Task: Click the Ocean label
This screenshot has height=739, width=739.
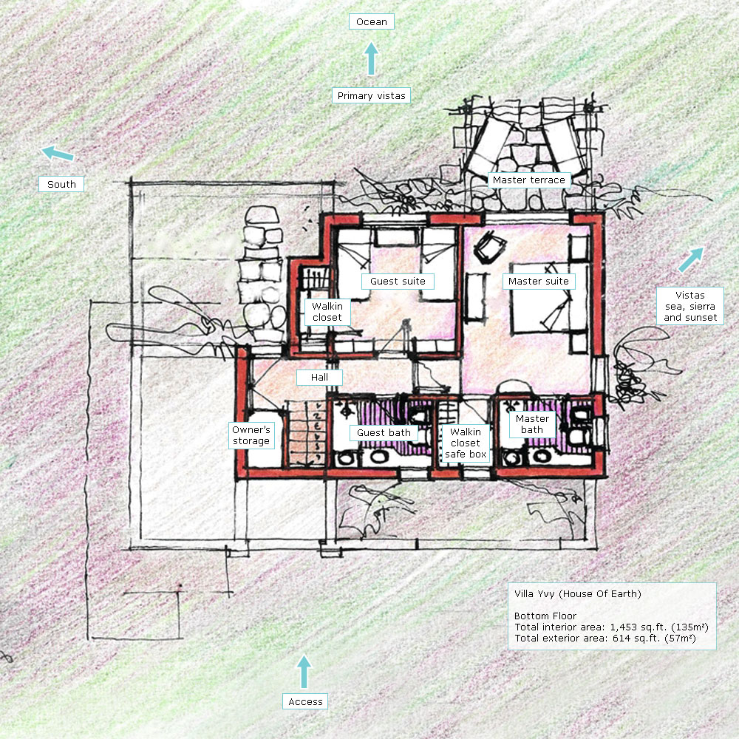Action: pyautogui.click(x=372, y=21)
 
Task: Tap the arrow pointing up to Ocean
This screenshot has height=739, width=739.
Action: pyautogui.click(x=372, y=58)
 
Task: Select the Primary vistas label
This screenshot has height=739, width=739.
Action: pyautogui.click(x=372, y=95)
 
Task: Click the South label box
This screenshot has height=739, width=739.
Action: pyautogui.click(x=61, y=184)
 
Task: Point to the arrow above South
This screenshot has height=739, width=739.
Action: pyautogui.click(x=58, y=154)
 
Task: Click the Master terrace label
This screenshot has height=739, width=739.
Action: pyautogui.click(x=529, y=180)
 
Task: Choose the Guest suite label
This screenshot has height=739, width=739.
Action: pyautogui.click(x=398, y=282)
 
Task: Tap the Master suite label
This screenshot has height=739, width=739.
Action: pyautogui.click(x=539, y=282)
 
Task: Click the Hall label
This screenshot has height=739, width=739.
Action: pyautogui.click(x=319, y=378)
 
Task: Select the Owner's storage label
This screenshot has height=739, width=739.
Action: pyautogui.click(x=251, y=435)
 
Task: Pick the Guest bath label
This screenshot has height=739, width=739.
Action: pyautogui.click(x=384, y=432)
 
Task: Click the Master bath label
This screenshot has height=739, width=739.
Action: pyautogui.click(x=532, y=424)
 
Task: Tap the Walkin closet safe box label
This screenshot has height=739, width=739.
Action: pyautogui.click(x=466, y=443)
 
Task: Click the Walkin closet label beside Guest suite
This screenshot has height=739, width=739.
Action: pyautogui.click(x=327, y=312)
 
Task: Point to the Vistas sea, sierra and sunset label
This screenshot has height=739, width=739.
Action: pyautogui.click(x=690, y=307)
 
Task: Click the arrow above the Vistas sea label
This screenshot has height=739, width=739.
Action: pyautogui.click(x=692, y=260)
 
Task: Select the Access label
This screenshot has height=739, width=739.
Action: pyautogui.click(x=305, y=702)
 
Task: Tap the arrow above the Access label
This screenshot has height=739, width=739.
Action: pyautogui.click(x=304, y=672)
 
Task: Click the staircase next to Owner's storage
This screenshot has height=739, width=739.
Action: pyautogui.click(x=307, y=434)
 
